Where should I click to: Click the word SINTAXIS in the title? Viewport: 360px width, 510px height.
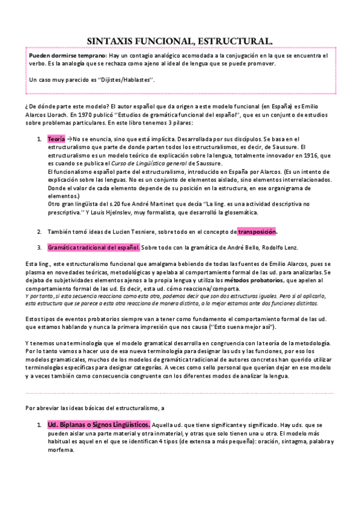(114, 40)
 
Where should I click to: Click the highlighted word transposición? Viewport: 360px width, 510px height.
(257, 232)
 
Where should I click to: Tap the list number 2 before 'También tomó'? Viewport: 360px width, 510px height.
(39, 232)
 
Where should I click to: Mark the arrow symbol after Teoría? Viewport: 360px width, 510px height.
(69, 139)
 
